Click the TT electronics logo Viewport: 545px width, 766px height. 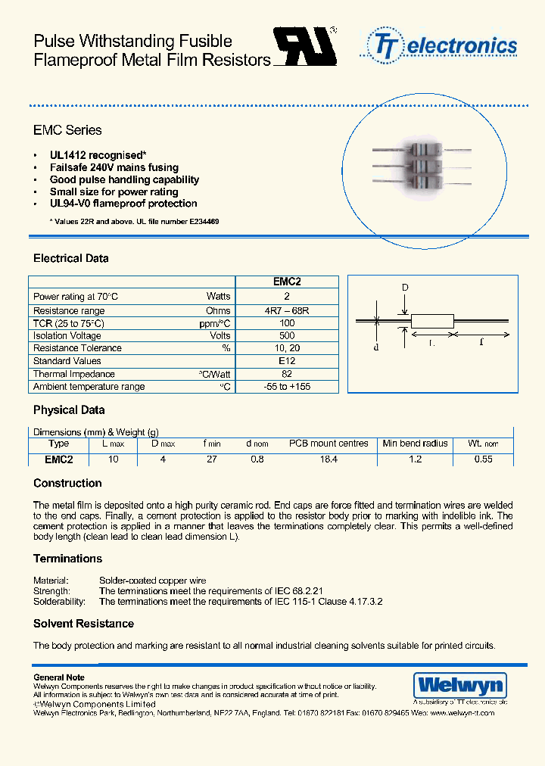pos(444,45)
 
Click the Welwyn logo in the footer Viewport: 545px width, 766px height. pos(459,686)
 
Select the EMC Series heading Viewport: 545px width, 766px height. pos(67,130)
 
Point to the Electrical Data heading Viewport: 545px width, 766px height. pos(70,258)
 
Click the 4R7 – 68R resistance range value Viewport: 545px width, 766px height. pos(287,310)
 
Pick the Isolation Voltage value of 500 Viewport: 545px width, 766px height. pos(287,335)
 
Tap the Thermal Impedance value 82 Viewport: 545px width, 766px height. pos(287,374)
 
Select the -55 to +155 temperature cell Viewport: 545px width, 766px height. pos(287,387)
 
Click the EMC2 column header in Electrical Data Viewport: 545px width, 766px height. pos(287,282)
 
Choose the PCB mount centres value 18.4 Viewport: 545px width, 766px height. pos(329,459)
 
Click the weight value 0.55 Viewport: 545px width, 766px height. pos(483,459)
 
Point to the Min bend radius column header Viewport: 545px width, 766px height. pos(415,444)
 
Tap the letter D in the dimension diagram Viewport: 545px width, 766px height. pos(405,288)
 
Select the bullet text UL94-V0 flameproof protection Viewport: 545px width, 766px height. pos(123,204)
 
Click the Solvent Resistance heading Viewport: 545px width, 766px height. pos(83,624)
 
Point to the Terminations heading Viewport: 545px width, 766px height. pos(67,559)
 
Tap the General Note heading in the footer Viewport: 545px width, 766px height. pos(59,677)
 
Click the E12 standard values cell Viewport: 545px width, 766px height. pos(287,361)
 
